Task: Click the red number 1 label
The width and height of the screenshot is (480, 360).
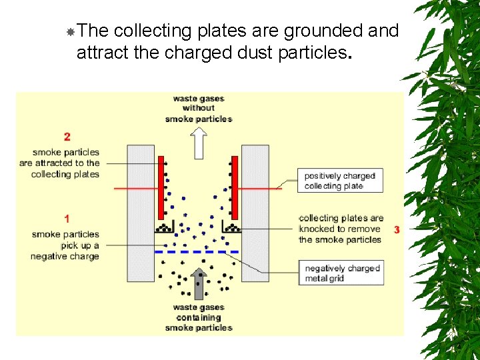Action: (x=66, y=218)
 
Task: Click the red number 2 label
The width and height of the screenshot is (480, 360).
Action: (x=67, y=137)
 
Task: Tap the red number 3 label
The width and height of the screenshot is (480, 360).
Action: (x=397, y=229)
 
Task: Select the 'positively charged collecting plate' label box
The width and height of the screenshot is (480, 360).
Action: (x=340, y=181)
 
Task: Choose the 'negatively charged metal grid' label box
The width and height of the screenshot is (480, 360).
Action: (x=342, y=273)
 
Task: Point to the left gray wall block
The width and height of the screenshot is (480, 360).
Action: (x=141, y=213)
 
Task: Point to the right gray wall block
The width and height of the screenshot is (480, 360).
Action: (x=255, y=213)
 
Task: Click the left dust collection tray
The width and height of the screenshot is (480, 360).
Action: (x=164, y=228)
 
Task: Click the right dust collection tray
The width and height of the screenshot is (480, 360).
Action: (x=231, y=228)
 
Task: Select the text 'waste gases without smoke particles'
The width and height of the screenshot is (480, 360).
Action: (x=199, y=109)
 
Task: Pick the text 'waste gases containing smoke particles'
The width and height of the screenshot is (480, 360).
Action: (x=199, y=317)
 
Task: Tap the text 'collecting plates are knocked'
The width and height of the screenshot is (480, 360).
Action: (x=341, y=223)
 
